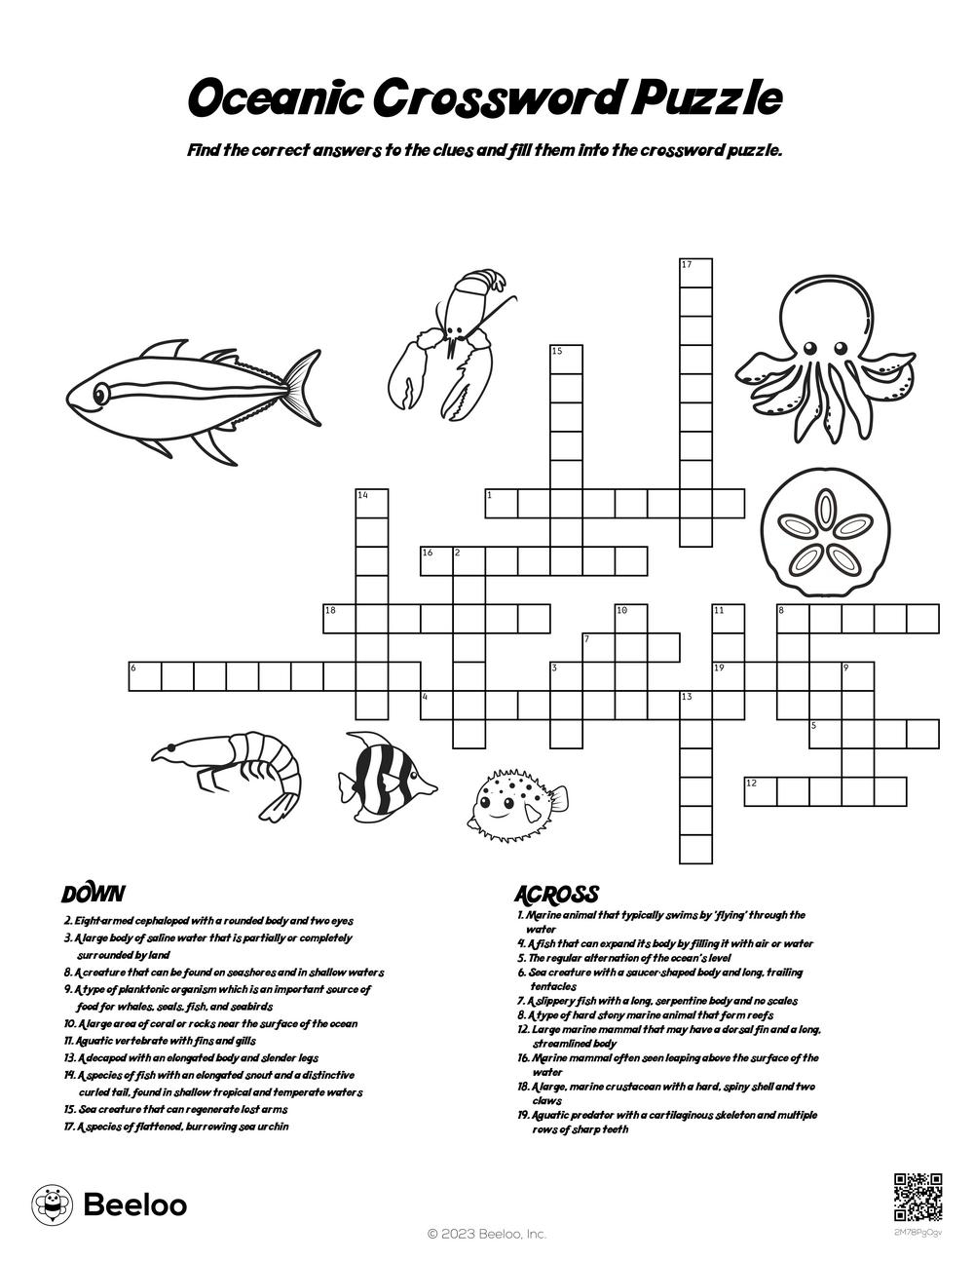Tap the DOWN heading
point(93,894)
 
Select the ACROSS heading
point(555,894)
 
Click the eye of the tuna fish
point(100,394)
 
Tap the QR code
point(918,1197)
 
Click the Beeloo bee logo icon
point(52,1204)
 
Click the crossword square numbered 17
point(695,274)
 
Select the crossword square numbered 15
point(566,360)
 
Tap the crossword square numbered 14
point(371,504)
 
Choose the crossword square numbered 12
point(761,791)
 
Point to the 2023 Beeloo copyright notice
point(487,1234)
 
